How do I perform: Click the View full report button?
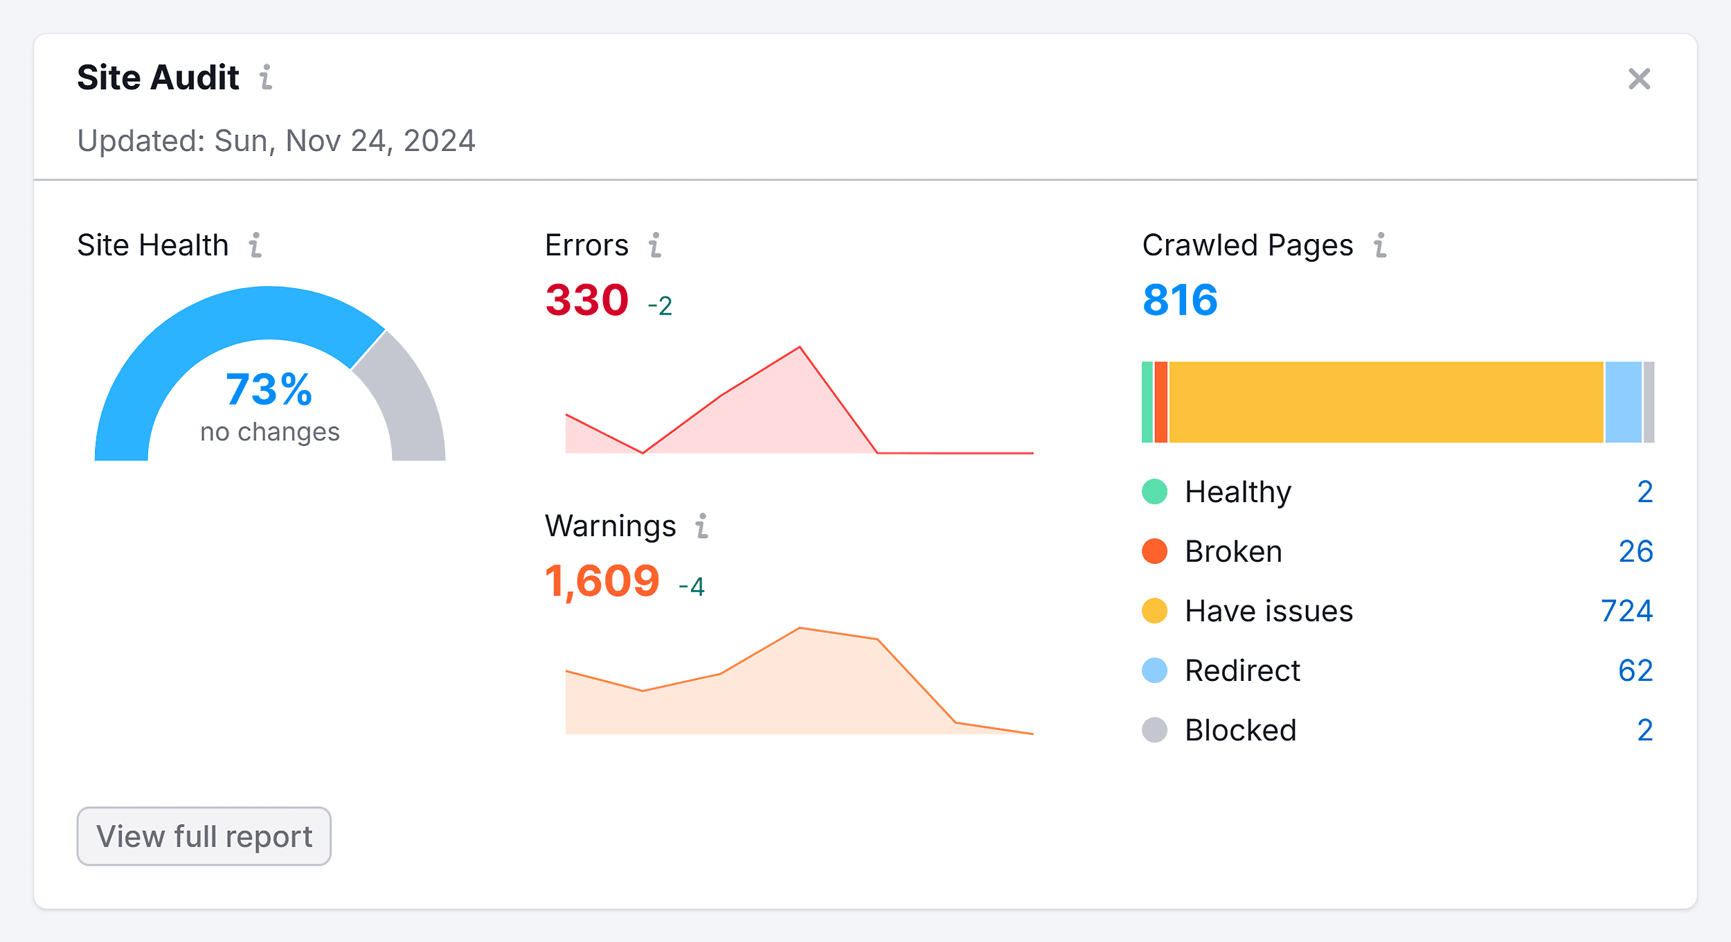[x=204, y=836]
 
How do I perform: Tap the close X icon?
[x=1639, y=79]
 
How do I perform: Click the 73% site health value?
[x=269, y=389]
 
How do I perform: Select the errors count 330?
[x=586, y=300]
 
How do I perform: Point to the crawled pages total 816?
[x=1180, y=300]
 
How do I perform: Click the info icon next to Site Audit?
[x=266, y=78]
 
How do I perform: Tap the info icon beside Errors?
[x=655, y=245]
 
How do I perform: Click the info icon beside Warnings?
[x=702, y=526]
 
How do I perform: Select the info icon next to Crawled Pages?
[x=1380, y=245]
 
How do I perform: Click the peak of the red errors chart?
[x=800, y=348]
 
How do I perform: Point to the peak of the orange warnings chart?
[x=800, y=628]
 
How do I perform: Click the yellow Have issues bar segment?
[x=1385, y=402]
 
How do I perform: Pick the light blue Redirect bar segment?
[x=1623, y=402]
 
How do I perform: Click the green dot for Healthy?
[x=1154, y=492]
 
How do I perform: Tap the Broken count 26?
[x=1635, y=551]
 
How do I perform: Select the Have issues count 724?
[x=1626, y=611]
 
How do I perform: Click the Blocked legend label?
[x=1240, y=730]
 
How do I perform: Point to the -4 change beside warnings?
[x=691, y=587]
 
